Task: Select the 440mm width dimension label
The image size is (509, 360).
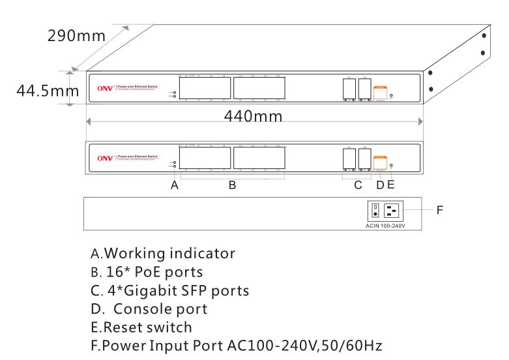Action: tap(254, 117)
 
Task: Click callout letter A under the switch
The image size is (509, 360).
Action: tap(175, 185)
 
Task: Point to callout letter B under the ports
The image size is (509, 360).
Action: tap(231, 185)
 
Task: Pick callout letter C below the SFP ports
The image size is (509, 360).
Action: tap(358, 185)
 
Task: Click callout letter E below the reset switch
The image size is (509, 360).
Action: tap(391, 185)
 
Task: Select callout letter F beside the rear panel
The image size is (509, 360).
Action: tap(441, 211)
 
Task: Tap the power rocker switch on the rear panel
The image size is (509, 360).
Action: tap(375, 211)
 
